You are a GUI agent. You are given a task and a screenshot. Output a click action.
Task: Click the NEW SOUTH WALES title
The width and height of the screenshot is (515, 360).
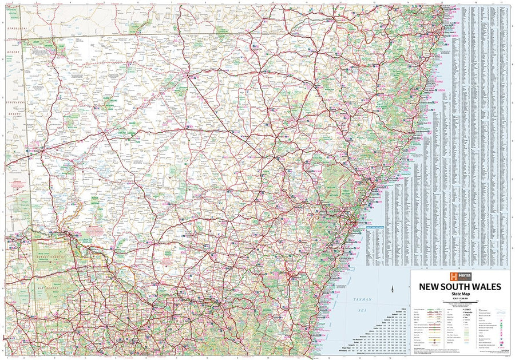pyautogui.click(x=460, y=286)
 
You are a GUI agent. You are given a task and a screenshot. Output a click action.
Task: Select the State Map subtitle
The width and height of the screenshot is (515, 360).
pyautogui.click(x=460, y=295)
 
